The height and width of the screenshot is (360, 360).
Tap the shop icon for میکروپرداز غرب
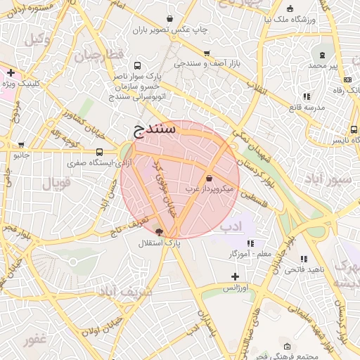(209, 178)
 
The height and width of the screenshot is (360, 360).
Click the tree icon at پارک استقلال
(158, 231)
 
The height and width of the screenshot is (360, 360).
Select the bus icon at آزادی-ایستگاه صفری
(98, 152)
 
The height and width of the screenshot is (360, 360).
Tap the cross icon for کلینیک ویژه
(11, 72)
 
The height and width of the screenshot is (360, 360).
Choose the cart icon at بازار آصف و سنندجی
(206, 53)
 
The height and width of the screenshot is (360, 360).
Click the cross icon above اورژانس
(235, 276)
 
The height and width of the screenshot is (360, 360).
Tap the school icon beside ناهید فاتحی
(304, 259)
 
